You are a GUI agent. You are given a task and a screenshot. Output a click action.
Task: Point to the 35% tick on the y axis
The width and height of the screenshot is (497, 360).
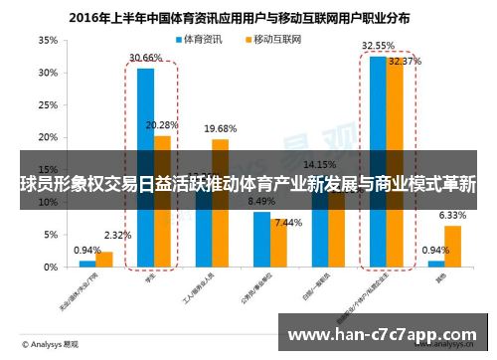pos(47,41)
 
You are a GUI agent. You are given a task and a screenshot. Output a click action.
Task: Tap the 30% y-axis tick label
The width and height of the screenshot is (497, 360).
pos(47,73)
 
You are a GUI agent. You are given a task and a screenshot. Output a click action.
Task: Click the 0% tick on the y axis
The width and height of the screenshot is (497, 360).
pos(50,268)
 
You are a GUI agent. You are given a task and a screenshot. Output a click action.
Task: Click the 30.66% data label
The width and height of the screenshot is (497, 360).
pos(145,58)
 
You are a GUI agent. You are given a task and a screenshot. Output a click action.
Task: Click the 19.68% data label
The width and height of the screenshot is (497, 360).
pos(221,128)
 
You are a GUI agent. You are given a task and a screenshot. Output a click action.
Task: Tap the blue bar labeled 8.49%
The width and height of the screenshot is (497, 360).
pos(261,240)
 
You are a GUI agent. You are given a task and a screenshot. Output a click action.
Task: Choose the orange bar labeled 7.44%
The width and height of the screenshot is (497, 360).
pos(279,244)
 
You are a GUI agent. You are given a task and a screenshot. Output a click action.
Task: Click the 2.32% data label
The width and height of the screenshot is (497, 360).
pos(117,236)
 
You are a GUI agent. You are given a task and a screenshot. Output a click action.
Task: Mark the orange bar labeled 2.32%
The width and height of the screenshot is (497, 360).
pos(104,260)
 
